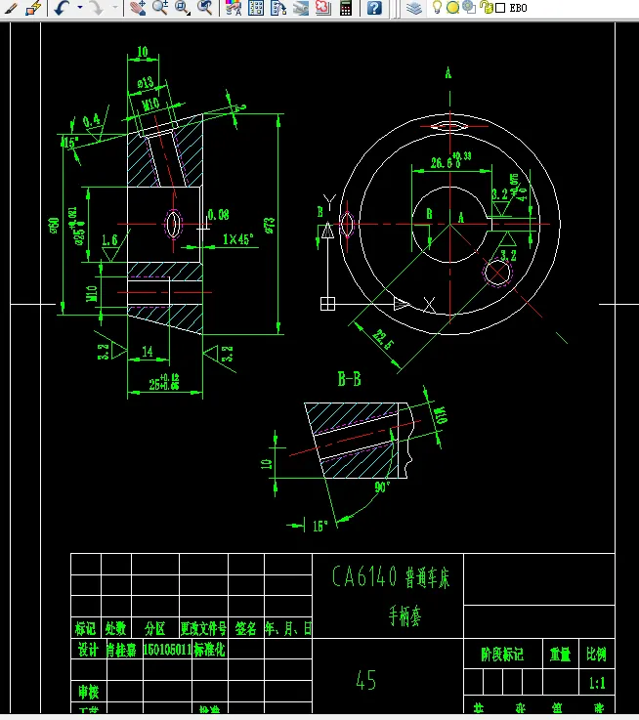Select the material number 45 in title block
point(366,681)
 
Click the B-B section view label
point(349,379)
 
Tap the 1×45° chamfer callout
point(238,238)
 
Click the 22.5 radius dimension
point(382,344)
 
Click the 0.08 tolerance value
point(218,213)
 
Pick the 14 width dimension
point(147,351)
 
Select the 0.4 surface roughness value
point(91,120)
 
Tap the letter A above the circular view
point(448,73)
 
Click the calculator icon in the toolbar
point(345,8)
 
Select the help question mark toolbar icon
point(375,8)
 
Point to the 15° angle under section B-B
point(319,526)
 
